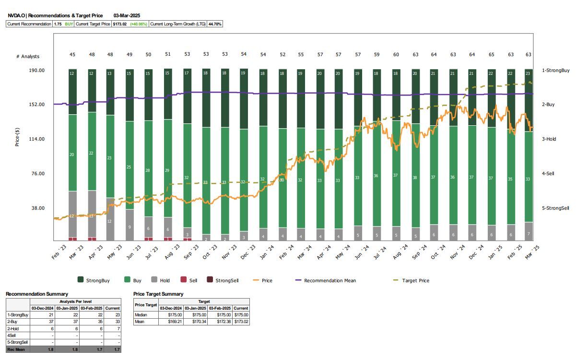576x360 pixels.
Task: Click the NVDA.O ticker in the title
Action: (16, 16)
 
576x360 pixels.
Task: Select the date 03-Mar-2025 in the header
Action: (127, 16)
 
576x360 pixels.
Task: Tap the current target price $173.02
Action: (120, 24)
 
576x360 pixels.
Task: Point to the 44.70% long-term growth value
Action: (214, 24)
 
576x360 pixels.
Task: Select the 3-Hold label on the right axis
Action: (549, 139)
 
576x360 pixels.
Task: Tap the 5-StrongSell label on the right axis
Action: (555, 208)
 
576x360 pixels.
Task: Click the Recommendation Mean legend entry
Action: (330, 280)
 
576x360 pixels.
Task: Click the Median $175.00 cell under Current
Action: (241, 315)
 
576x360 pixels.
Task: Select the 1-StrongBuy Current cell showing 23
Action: (113, 315)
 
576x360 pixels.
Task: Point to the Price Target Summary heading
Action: (158, 294)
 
